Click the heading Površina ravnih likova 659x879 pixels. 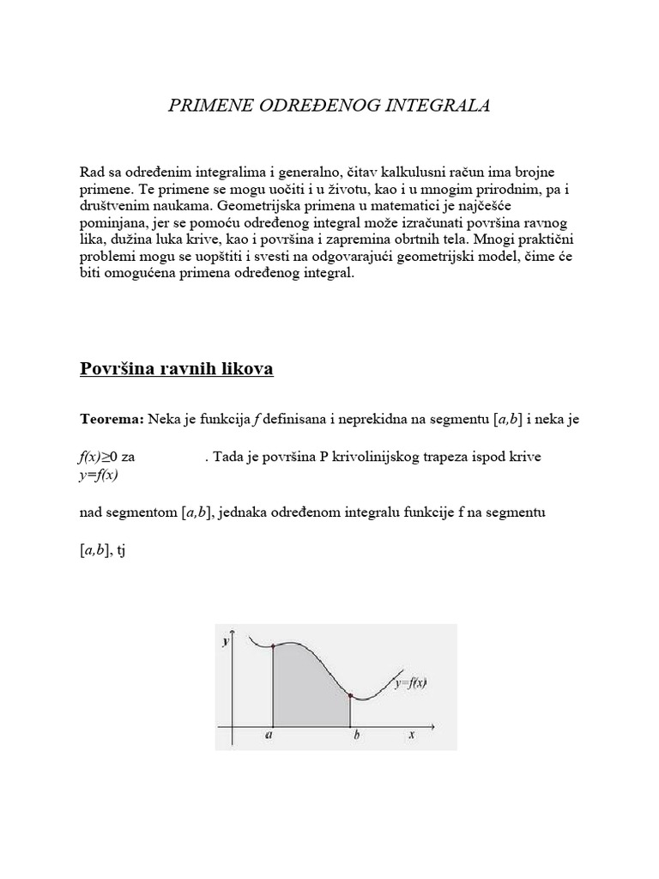177,369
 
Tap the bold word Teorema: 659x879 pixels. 112,419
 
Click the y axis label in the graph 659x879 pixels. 226,641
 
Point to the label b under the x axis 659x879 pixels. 354,736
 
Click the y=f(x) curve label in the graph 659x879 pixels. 411,683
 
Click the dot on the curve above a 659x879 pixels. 272,646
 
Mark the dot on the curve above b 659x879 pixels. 350,696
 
